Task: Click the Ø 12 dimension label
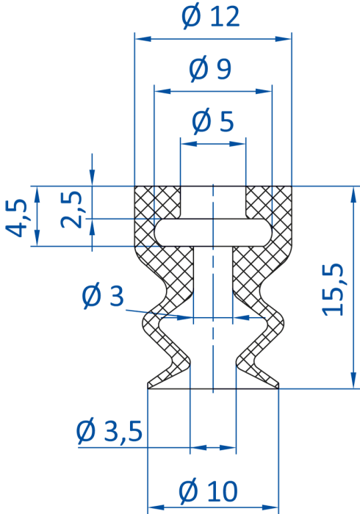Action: [x=211, y=18]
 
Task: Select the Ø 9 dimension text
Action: [x=210, y=70]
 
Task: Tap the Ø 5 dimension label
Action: [x=213, y=122]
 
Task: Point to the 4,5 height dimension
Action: [x=15, y=217]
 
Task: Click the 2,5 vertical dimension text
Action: [x=71, y=209]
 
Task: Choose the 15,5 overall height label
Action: [x=333, y=289]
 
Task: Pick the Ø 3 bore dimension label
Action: [x=103, y=297]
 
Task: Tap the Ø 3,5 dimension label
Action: [x=109, y=430]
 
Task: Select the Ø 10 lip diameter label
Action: [x=208, y=491]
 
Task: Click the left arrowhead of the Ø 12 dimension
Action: [x=143, y=39]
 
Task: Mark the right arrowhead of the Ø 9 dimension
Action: [x=264, y=91]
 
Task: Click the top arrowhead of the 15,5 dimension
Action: [x=353, y=195]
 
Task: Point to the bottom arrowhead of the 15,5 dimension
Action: [x=353, y=380]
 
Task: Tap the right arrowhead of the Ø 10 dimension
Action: [x=270, y=507]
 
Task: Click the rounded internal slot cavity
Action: [x=213, y=232]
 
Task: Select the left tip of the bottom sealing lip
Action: [x=148, y=387]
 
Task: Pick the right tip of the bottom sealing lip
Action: [x=278, y=387]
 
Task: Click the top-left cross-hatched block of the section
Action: [x=157, y=202]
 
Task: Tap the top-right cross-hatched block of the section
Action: [x=269, y=202]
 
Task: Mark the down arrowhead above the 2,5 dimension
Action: [x=92, y=178]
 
